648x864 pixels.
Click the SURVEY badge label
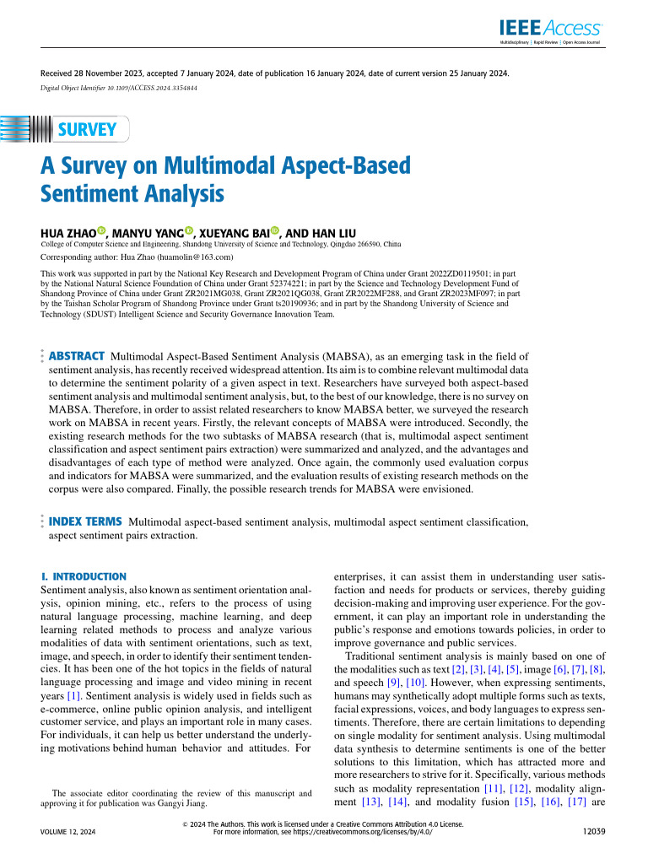[87, 130]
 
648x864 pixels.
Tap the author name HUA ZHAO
[68, 232]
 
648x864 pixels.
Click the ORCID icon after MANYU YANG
[189, 231]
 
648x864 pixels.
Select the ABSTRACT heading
[77, 357]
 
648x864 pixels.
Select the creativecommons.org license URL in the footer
[365, 831]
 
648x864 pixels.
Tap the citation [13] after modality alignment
[371, 802]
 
